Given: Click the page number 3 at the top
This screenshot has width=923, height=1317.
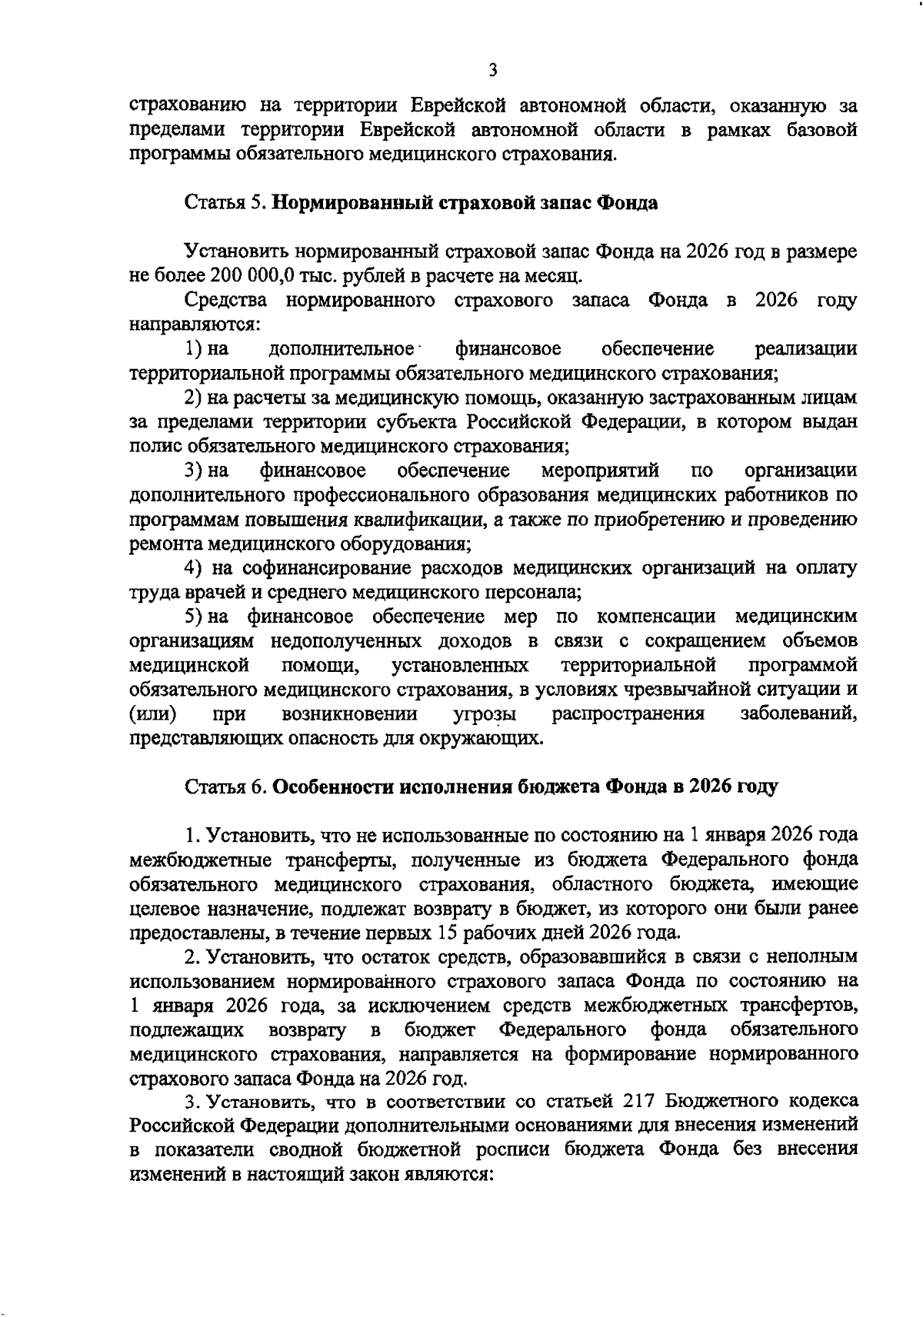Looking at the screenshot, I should [492, 71].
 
